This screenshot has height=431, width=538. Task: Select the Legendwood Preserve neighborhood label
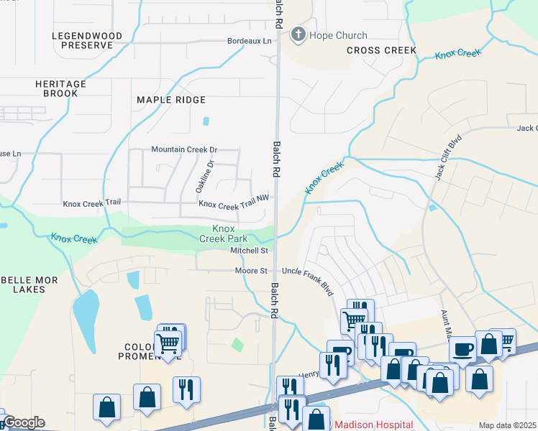(83, 40)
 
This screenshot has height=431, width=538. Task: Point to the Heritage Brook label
(60, 89)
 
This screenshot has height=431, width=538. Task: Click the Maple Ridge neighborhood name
(171, 100)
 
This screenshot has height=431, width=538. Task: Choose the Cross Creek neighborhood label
(381, 50)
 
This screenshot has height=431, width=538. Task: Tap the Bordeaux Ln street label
(250, 42)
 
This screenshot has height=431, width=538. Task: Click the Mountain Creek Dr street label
(183, 149)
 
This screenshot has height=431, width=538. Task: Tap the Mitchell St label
(249, 251)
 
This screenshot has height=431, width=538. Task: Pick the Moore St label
(251, 271)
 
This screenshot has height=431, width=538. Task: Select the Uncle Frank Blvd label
(308, 279)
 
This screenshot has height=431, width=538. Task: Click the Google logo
(23, 422)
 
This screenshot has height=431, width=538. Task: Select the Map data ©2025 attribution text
(507, 425)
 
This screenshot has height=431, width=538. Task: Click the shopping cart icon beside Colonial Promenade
(168, 343)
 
